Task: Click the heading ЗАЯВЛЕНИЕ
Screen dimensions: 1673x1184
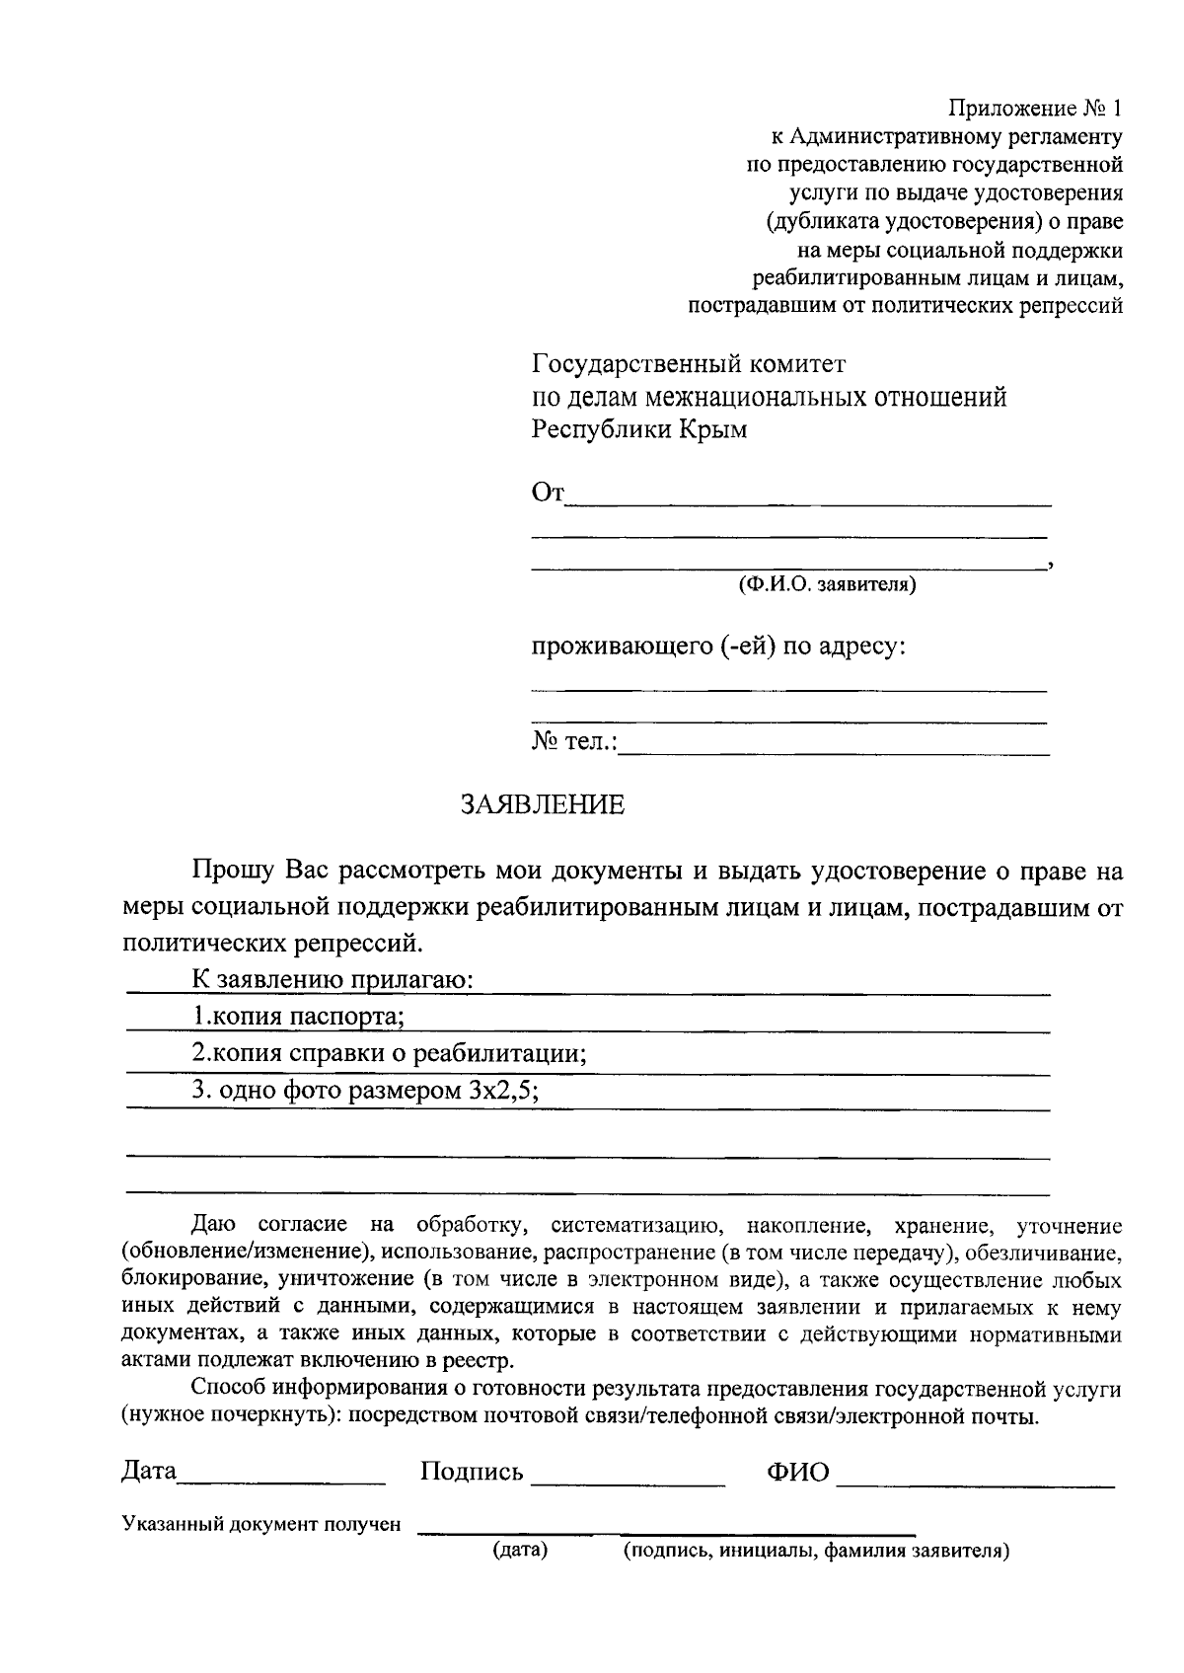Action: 543,804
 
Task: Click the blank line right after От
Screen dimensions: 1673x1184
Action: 809,496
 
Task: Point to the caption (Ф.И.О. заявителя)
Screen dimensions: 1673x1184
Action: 827,585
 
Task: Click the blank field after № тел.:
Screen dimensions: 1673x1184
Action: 834,745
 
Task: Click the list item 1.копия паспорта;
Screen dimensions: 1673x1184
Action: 297,1016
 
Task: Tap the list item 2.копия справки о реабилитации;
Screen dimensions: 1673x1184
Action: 389,1053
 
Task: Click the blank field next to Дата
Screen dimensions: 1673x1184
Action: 282,1473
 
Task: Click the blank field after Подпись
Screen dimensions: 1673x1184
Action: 628,1475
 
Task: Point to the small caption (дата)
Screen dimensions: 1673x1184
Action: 519,1551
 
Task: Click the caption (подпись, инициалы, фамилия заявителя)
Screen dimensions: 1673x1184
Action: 815,1551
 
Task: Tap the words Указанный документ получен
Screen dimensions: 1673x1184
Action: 261,1524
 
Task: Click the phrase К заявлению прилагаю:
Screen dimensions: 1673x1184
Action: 333,979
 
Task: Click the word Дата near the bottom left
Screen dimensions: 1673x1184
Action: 149,1471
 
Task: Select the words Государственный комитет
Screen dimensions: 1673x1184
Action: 689,364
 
